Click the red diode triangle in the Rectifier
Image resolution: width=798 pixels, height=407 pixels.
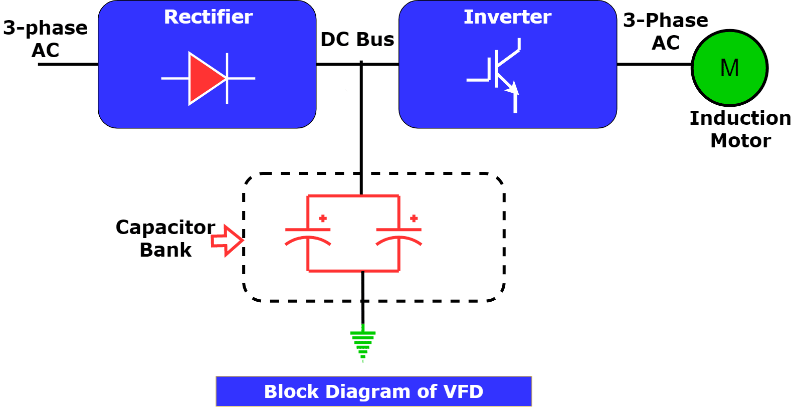point(206,79)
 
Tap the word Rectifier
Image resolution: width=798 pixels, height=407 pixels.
point(208,17)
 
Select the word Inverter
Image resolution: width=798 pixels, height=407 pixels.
point(507,17)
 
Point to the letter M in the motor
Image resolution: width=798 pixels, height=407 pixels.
point(729,68)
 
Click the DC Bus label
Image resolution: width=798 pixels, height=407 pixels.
point(357,40)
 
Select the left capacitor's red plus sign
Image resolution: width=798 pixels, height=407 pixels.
point(323,218)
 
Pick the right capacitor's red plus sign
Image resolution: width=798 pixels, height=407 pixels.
point(414,218)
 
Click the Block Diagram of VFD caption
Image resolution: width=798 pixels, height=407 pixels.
point(373,391)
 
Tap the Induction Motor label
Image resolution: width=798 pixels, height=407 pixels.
point(740,129)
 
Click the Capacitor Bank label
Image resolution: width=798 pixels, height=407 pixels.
point(165,238)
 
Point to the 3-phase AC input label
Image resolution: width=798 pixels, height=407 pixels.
point(45,39)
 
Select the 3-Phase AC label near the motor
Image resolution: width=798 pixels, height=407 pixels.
point(666,31)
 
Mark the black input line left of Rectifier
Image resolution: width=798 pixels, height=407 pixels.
point(68,64)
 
